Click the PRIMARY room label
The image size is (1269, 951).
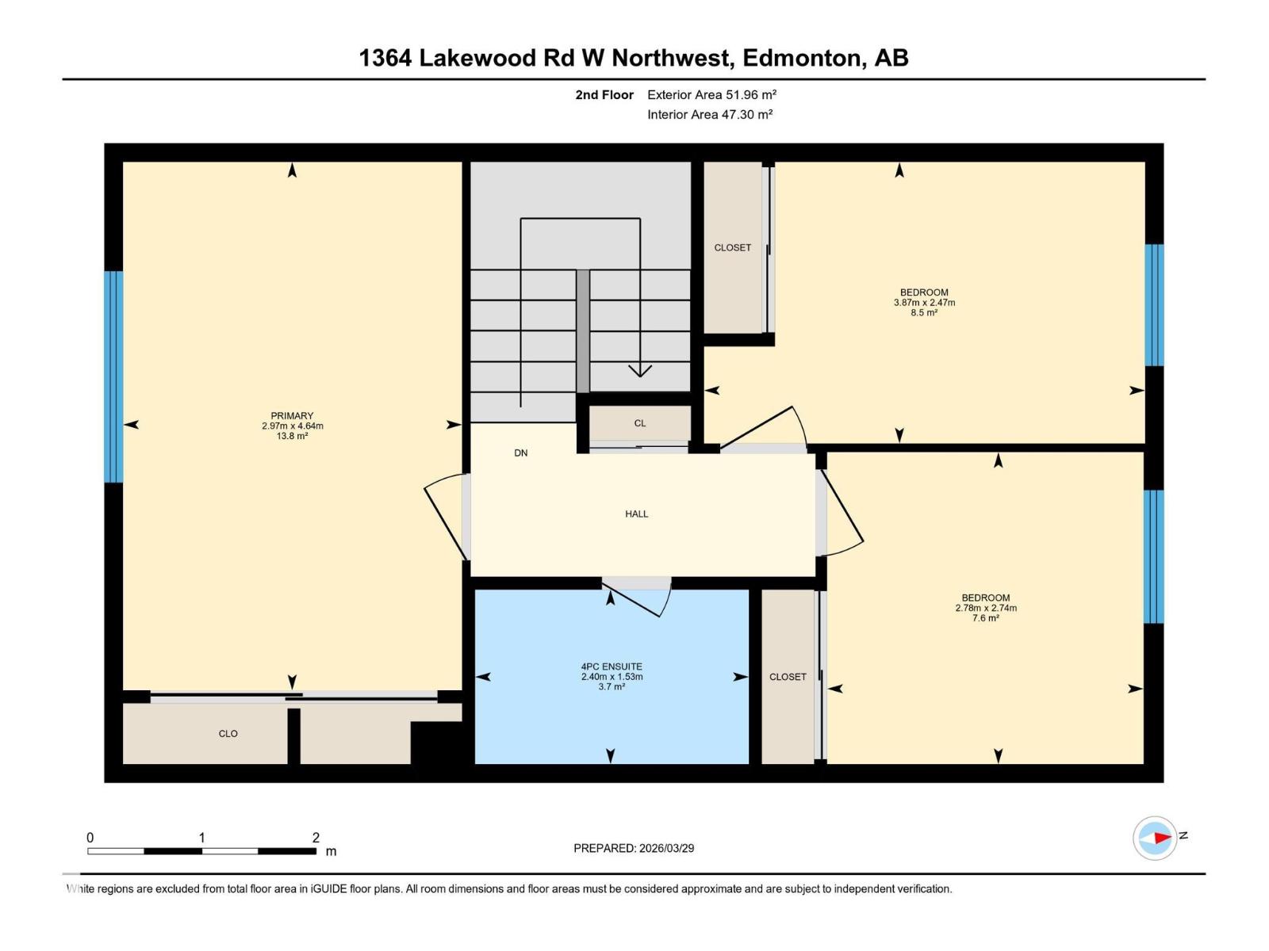click(292, 415)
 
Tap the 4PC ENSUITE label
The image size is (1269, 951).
click(611, 666)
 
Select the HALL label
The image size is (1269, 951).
click(636, 514)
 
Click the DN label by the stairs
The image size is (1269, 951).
click(520, 453)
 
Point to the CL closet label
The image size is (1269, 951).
click(639, 423)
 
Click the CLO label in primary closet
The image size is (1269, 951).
click(228, 734)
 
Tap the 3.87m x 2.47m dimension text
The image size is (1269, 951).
click(924, 303)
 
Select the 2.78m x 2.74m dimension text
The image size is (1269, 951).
click(986, 609)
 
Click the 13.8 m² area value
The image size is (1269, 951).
click(292, 436)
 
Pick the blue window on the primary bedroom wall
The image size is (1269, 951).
click(113, 376)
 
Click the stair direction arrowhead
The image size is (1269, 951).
click(640, 371)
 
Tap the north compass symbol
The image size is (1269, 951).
click(1155, 838)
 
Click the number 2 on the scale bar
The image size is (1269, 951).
click(316, 838)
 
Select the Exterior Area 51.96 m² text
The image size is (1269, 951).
click(711, 94)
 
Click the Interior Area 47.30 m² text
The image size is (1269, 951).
click(710, 114)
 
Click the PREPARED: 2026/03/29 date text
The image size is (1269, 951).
click(634, 848)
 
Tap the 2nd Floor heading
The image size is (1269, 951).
click(604, 94)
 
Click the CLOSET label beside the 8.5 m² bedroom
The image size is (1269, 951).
click(732, 248)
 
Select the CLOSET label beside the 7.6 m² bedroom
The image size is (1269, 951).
click(788, 677)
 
